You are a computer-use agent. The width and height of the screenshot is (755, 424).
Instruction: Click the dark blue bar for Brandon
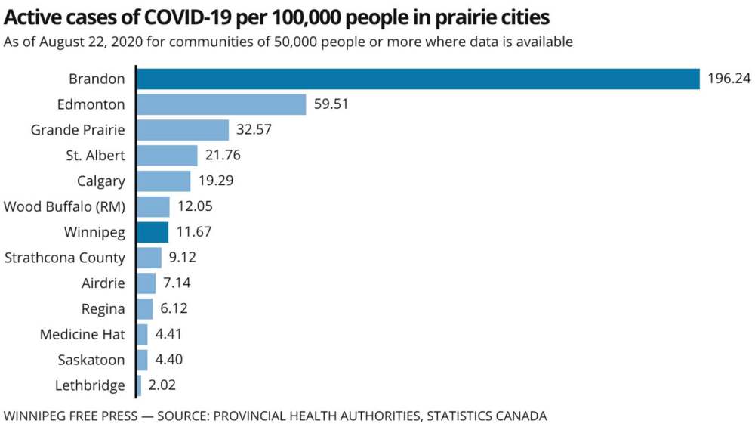click(x=418, y=79)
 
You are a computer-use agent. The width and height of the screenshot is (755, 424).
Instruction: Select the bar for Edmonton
click(x=221, y=104)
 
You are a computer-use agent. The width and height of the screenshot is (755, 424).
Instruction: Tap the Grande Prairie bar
click(x=183, y=130)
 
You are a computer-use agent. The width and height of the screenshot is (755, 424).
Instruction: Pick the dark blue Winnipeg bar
click(x=153, y=232)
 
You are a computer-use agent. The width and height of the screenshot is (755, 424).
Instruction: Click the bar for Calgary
click(x=164, y=181)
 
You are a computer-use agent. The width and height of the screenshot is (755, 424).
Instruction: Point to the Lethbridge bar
click(x=139, y=385)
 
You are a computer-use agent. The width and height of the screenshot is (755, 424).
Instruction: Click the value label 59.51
click(x=331, y=104)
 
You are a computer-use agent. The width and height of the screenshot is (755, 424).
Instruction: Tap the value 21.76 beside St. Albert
click(x=222, y=156)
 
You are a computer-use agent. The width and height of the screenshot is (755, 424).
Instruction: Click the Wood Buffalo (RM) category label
click(x=64, y=206)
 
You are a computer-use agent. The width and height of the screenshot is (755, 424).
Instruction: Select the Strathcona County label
click(x=64, y=258)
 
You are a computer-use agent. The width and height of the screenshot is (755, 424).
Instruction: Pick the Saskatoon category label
click(x=91, y=360)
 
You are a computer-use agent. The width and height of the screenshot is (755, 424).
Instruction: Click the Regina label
click(x=103, y=308)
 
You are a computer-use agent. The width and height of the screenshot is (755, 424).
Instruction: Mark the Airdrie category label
click(x=103, y=283)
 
